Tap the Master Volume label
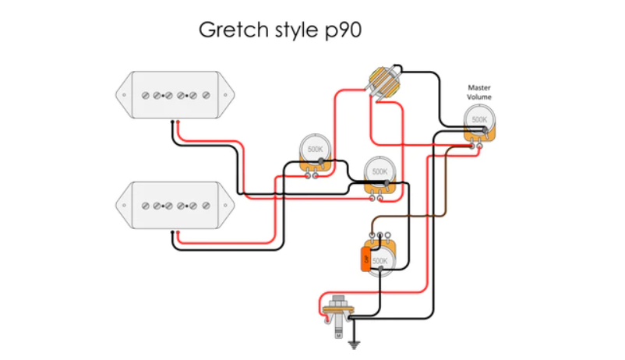479,92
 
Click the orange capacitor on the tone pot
364,259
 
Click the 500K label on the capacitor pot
381,260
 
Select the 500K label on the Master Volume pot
478,120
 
